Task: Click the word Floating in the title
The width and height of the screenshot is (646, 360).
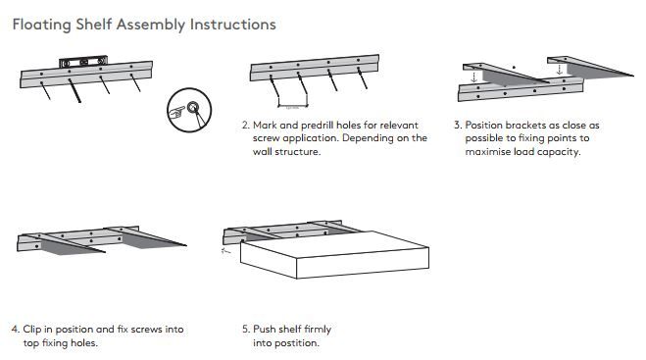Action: click(x=41, y=25)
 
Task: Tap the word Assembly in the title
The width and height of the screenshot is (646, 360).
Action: click(x=151, y=25)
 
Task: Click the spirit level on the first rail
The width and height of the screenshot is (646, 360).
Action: click(x=83, y=62)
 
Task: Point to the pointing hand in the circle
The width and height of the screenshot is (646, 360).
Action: click(x=177, y=112)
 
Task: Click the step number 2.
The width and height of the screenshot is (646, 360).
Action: click(x=246, y=125)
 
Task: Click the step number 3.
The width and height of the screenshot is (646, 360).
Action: click(x=458, y=125)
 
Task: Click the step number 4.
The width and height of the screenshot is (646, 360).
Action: click(x=16, y=329)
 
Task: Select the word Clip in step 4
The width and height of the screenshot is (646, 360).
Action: click(x=32, y=330)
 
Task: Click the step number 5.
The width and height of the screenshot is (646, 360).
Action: click(x=246, y=329)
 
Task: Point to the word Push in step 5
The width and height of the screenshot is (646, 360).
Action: click(x=264, y=329)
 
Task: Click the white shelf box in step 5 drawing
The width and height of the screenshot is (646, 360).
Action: click(x=334, y=254)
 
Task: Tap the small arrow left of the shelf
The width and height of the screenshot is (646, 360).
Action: click(x=225, y=251)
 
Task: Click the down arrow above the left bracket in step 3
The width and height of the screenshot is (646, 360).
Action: click(x=474, y=77)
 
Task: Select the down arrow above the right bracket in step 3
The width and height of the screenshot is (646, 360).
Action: click(x=559, y=69)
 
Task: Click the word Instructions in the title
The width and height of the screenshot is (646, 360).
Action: click(x=232, y=25)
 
